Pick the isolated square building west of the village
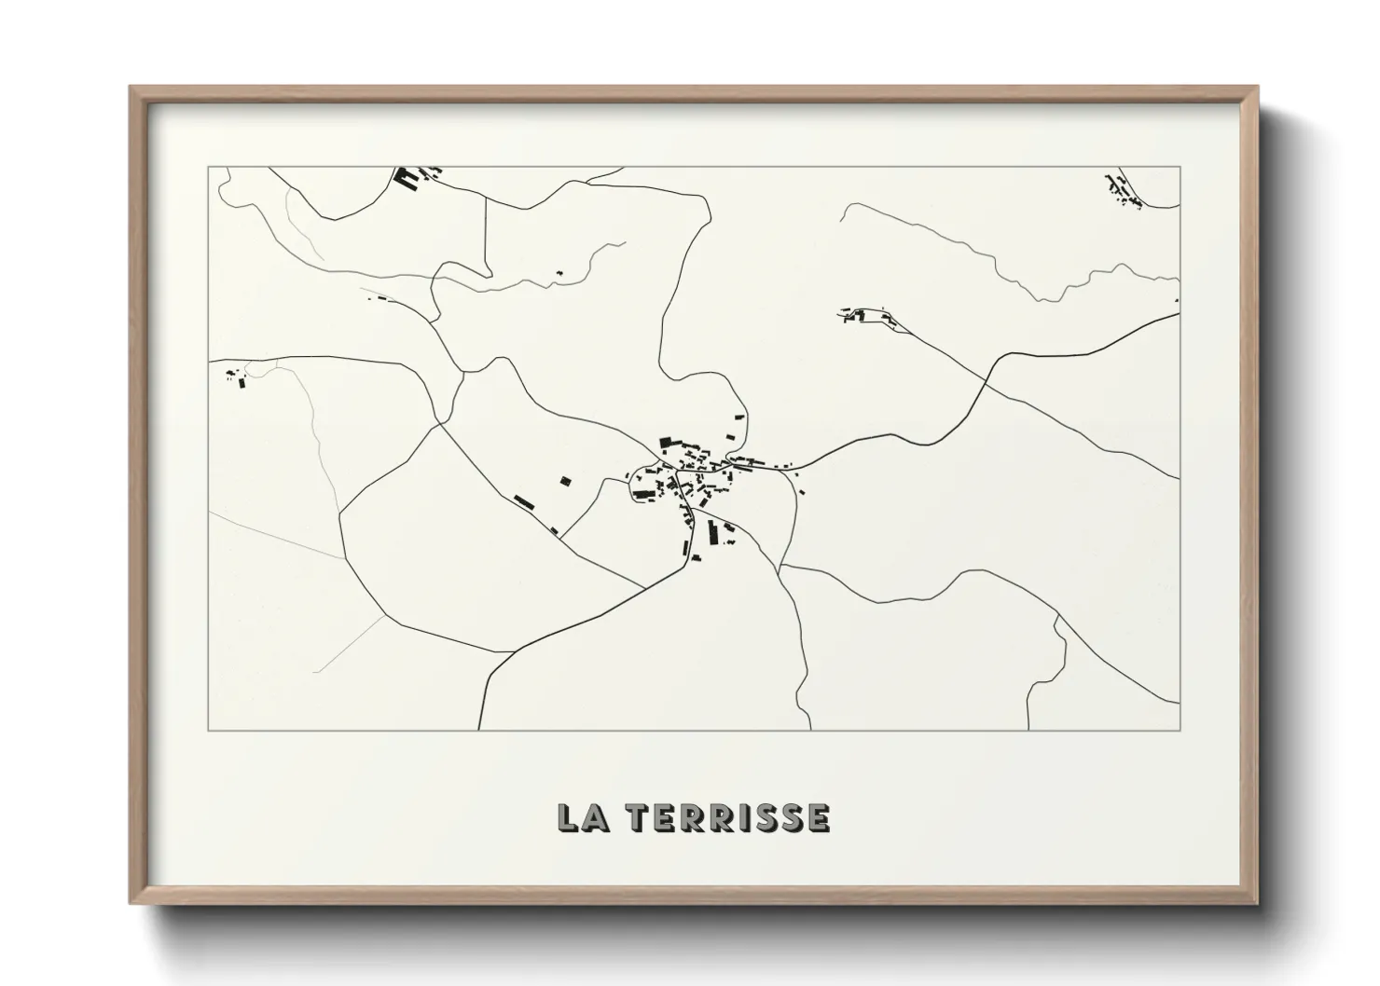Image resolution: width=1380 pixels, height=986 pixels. [564, 481]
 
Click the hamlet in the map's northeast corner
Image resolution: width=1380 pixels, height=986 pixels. [1122, 190]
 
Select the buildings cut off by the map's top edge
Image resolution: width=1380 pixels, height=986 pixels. [410, 176]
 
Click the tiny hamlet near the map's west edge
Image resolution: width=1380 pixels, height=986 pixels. [236, 377]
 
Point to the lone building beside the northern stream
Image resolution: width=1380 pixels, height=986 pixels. [559, 273]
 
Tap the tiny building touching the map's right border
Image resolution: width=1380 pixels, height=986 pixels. [1177, 300]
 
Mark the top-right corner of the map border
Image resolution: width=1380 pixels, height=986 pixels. [1180, 167]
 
